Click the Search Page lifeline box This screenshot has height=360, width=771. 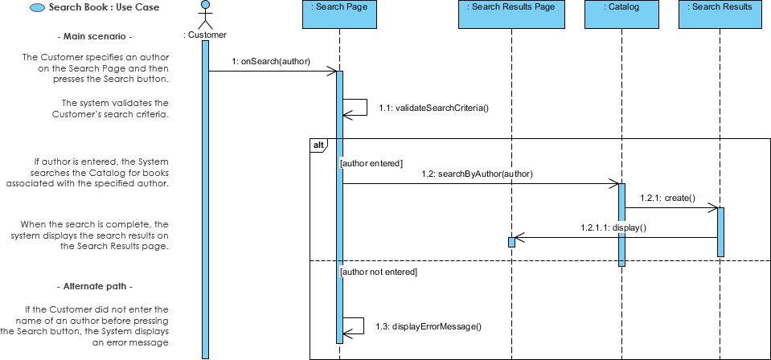(339, 14)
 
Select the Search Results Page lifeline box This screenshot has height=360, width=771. (511, 14)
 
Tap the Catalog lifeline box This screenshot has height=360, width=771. (621, 14)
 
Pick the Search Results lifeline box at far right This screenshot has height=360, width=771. (721, 14)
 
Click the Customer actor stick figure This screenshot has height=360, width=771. (205, 15)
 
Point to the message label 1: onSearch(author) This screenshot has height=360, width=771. (270, 60)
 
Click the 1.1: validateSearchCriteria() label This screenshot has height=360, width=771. (433, 108)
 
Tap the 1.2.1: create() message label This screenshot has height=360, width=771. (667, 198)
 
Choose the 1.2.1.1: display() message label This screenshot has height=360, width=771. (613, 227)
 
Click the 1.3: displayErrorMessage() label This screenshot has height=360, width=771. (428, 326)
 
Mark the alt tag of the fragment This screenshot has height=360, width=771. (318, 145)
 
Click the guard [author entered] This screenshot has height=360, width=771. (371, 163)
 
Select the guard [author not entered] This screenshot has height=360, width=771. (379, 272)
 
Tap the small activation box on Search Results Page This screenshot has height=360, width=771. (511, 242)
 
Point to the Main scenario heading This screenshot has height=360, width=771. (95, 37)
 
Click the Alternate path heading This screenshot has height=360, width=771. (95, 287)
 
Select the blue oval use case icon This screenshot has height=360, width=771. (37, 8)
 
